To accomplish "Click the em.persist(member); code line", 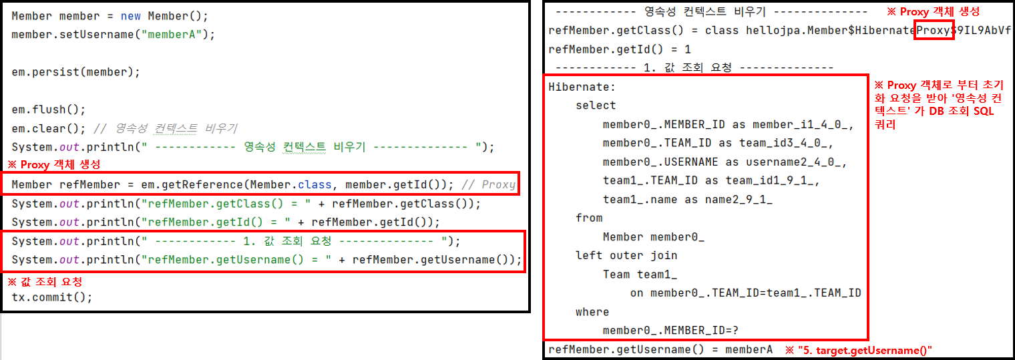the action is [x=75, y=71].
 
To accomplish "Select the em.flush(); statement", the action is [x=49, y=110].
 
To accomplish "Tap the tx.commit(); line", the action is [x=52, y=297].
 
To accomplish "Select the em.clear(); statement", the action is [x=49, y=128].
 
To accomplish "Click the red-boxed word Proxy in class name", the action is [x=934, y=31].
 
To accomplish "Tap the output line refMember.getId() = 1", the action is [x=619, y=49].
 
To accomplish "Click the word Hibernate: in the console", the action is [x=582, y=87].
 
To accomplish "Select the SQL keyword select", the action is [x=596, y=106].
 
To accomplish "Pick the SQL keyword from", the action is [x=589, y=218].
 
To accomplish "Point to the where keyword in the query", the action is [x=592, y=312].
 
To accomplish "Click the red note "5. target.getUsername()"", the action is [x=858, y=350].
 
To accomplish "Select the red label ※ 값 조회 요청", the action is [x=44, y=282].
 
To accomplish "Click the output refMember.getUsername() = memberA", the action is [x=660, y=349].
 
